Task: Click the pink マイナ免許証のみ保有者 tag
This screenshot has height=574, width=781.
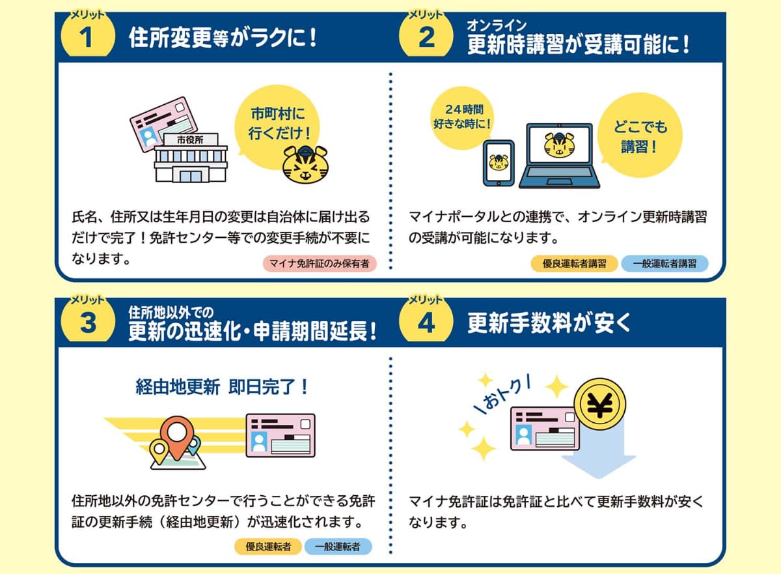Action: [320, 264]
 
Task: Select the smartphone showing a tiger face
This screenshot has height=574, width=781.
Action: [498, 163]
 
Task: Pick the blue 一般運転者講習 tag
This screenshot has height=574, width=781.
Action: [664, 264]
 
